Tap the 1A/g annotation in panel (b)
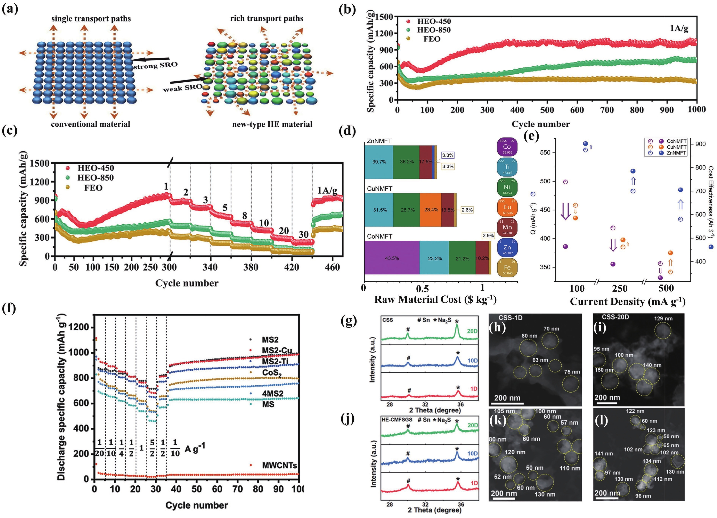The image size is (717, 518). pyautogui.click(x=679, y=28)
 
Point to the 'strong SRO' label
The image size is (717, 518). pyautogui.click(x=155, y=65)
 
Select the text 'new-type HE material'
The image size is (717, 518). pyautogui.click(x=272, y=124)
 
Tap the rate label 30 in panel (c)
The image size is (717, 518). pyautogui.click(x=303, y=234)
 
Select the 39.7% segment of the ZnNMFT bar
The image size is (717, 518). pyautogui.click(x=379, y=162)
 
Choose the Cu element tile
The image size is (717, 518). pyautogui.click(x=507, y=207)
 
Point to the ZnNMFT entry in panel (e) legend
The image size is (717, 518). pyautogui.click(x=676, y=153)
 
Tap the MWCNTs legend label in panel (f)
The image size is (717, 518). pyautogui.click(x=280, y=465)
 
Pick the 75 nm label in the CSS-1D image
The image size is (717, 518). pyautogui.click(x=572, y=372)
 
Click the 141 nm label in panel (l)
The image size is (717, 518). pyautogui.click(x=603, y=454)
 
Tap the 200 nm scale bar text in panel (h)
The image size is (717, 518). pyautogui.click(x=507, y=398)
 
